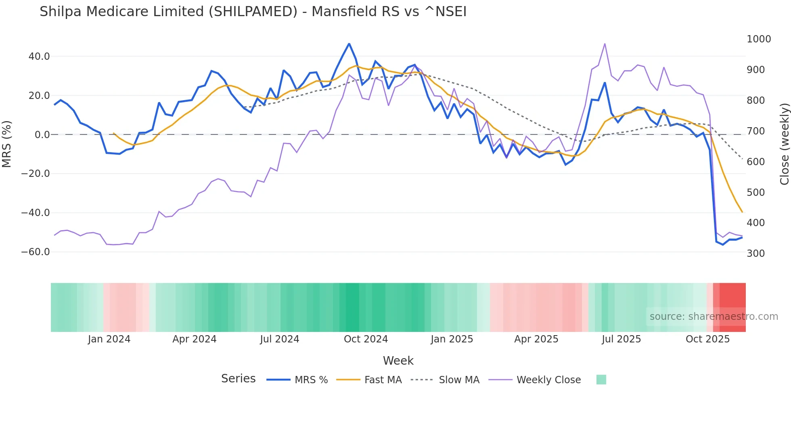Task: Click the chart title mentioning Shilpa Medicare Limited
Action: point(253,12)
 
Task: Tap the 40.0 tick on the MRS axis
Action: point(39,57)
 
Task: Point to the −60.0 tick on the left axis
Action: point(36,252)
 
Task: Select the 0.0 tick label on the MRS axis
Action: point(42,135)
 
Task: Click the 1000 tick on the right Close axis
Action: point(759,39)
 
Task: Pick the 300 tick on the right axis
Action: point(756,254)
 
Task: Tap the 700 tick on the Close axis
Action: point(756,131)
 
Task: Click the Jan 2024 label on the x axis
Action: point(109,339)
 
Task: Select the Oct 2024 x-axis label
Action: point(366,339)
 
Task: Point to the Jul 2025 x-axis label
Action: point(621,339)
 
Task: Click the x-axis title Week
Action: point(398,361)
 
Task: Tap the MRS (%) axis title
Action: point(7,144)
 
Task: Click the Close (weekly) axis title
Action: point(784,144)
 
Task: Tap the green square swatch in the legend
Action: point(601,380)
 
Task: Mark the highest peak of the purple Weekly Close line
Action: point(605,44)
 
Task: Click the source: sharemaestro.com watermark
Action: point(714,317)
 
